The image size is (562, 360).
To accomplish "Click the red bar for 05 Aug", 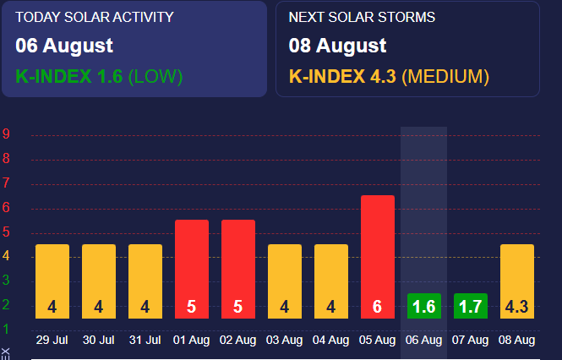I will pyautogui.click(x=377, y=257).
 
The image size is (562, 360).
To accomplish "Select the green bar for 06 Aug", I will pyautogui.click(x=423, y=306).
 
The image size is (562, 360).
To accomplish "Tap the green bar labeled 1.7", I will pyautogui.click(x=470, y=306).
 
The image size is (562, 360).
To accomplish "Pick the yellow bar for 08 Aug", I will pyautogui.click(x=516, y=281).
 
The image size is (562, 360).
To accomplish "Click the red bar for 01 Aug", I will pyautogui.click(x=192, y=269).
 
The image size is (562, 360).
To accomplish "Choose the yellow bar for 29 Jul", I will pyautogui.click(x=52, y=281).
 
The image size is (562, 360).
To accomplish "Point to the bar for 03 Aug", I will pyautogui.click(x=285, y=281).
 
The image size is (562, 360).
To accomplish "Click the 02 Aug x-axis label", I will pyautogui.click(x=238, y=341).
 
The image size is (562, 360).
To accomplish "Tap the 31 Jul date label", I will pyautogui.click(x=145, y=341).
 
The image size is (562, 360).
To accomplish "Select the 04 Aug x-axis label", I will pyautogui.click(x=331, y=341).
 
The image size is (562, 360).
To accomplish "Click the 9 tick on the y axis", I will pyautogui.click(x=6, y=134).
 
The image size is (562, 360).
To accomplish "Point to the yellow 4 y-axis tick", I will pyautogui.click(x=6, y=256).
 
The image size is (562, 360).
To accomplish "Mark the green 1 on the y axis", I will pyautogui.click(x=6, y=329).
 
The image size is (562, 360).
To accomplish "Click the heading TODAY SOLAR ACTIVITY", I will pyautogui.click(x=95, y=17).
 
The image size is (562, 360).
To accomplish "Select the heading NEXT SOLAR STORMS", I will pyautogui.click(x=363, y=17).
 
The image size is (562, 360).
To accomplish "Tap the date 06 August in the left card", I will pyautogui.click(x=64, y=46).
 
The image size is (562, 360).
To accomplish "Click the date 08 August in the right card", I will pyautogui.click(x=338, y=46).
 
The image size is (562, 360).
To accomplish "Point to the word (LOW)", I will pyautogui.click(x=155, y=76).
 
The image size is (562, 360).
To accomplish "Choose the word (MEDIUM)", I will pyautogui.click(x=445, y=76).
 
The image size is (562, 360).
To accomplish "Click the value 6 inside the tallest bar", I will pyautogui.click(x=377, y=307).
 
